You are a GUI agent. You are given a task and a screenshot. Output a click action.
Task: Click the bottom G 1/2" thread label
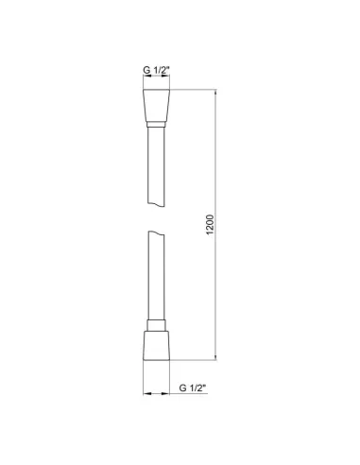tap(193, 387)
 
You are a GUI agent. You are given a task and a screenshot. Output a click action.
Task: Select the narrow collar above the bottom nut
tap(156, 321)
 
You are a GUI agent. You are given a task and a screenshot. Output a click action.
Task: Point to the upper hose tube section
tap(156, 170)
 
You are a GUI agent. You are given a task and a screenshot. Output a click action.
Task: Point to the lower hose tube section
tap(156, 279)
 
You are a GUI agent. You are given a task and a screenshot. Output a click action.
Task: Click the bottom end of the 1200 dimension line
tap(216, 359)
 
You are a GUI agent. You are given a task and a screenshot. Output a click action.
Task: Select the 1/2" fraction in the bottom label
tap(198, 387)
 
